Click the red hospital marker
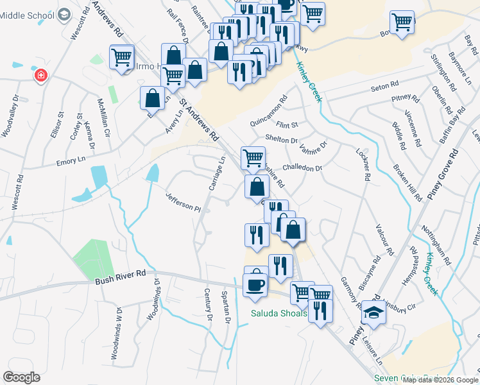click(x=41, y=76)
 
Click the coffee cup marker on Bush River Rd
click(x=255, y=285)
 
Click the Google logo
click(x=21, y=377)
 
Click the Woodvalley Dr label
click(x=11, y=117)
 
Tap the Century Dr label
click(x=207, y=304)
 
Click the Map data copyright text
click(x=439, y=380)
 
